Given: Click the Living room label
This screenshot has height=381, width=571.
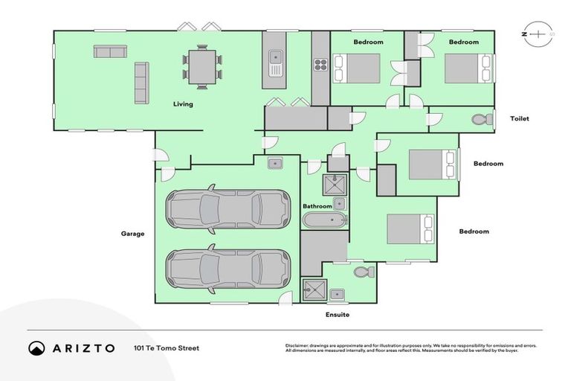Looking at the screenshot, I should pos(183,104).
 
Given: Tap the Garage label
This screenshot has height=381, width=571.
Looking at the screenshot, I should pos(132,234).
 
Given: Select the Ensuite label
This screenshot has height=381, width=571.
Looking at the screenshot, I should pos(337,315).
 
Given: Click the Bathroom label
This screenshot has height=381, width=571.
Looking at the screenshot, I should pos(317,206).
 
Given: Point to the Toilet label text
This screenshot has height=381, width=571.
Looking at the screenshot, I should pos(519,119).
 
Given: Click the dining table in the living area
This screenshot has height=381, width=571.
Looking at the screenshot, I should pos(203,65).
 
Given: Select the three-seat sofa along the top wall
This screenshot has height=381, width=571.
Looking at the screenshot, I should pos(109,52).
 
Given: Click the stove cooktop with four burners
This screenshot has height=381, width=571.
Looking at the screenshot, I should pos(320,65).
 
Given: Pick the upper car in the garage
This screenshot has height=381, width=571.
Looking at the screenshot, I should pos(228,208).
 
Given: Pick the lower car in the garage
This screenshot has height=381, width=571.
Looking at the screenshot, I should pos(228,268).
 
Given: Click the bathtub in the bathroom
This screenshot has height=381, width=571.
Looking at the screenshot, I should pos(324,220).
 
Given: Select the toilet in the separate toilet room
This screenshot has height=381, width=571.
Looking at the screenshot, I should pos(483,119).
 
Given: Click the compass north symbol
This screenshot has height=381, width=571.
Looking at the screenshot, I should pos(539,34).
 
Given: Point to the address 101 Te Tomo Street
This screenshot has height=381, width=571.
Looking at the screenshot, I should pos(167,348).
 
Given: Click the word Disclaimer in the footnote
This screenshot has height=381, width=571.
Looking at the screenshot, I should pos(298,345).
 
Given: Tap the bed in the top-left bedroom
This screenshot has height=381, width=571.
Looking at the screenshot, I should pos(358,68).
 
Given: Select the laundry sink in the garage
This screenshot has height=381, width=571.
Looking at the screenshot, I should pos(274,163).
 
